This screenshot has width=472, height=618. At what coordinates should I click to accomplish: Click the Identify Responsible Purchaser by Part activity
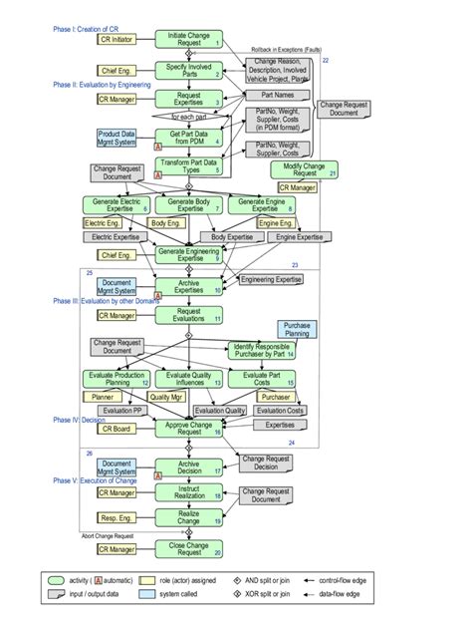pyautogui.click(x=261, y=350)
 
